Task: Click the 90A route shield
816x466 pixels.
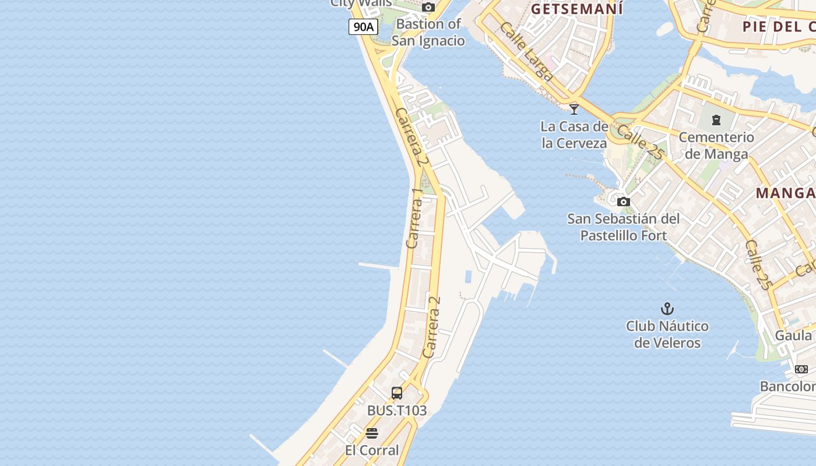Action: click(x=363, y=26)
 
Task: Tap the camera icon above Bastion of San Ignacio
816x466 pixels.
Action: click(x=428, y=8)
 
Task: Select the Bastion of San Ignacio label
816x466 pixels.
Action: click(x=428, y=32)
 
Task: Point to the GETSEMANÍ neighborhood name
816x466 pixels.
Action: click(x=576, y=9)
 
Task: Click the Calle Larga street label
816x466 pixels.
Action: click(x=526, y=51)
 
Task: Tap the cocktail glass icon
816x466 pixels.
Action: click(x=574, y=109)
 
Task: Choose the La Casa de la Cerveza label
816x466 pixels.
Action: click(x=574, y=135)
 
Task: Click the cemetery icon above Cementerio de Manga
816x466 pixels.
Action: click(x=716, y=120)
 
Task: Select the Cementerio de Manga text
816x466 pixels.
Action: click(x=716, y=146)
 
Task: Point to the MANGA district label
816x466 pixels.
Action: click(x=785, y=193)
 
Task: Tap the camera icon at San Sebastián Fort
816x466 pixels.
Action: click(x=624, y=202)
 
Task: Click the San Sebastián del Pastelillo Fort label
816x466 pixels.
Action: click(x=624, y=227)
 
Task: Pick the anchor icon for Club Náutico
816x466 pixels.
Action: click(x=667, y=309)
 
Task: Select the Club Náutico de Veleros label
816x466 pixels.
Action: click(x=667, y=334)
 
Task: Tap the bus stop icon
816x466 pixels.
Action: click(x=397, y=393)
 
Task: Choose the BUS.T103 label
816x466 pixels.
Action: click(x=397, y=411)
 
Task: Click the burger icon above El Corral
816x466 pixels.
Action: click(x=372, y=433)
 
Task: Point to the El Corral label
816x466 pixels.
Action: click(x=372, y=450)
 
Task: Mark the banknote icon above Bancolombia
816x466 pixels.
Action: click(x=801, y=369)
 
